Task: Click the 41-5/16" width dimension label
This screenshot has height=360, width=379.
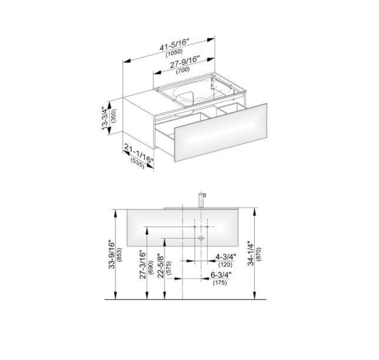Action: point(174,45)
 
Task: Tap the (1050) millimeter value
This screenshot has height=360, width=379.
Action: point(174,53)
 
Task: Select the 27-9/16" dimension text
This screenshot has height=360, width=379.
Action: point(185,62)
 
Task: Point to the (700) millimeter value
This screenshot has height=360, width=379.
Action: point(183,71)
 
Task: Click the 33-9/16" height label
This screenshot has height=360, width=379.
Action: point(112,255)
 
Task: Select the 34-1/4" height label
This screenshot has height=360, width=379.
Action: point(251,254)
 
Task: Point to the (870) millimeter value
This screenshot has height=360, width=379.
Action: point(258,254)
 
